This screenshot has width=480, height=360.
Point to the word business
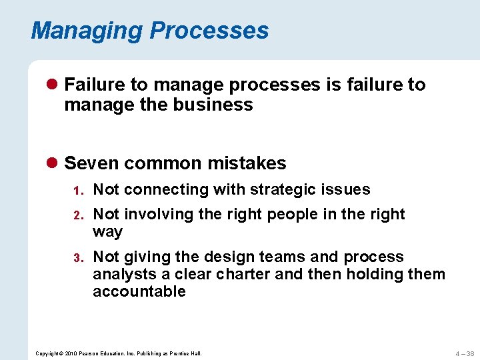click(221, 105)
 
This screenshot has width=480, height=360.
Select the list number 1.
click(77, 191)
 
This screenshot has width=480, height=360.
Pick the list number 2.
click(77, 215)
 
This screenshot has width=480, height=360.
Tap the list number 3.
click(77, 258)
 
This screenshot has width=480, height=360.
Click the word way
click(108, 232)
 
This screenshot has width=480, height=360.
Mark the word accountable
click(139, 291)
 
